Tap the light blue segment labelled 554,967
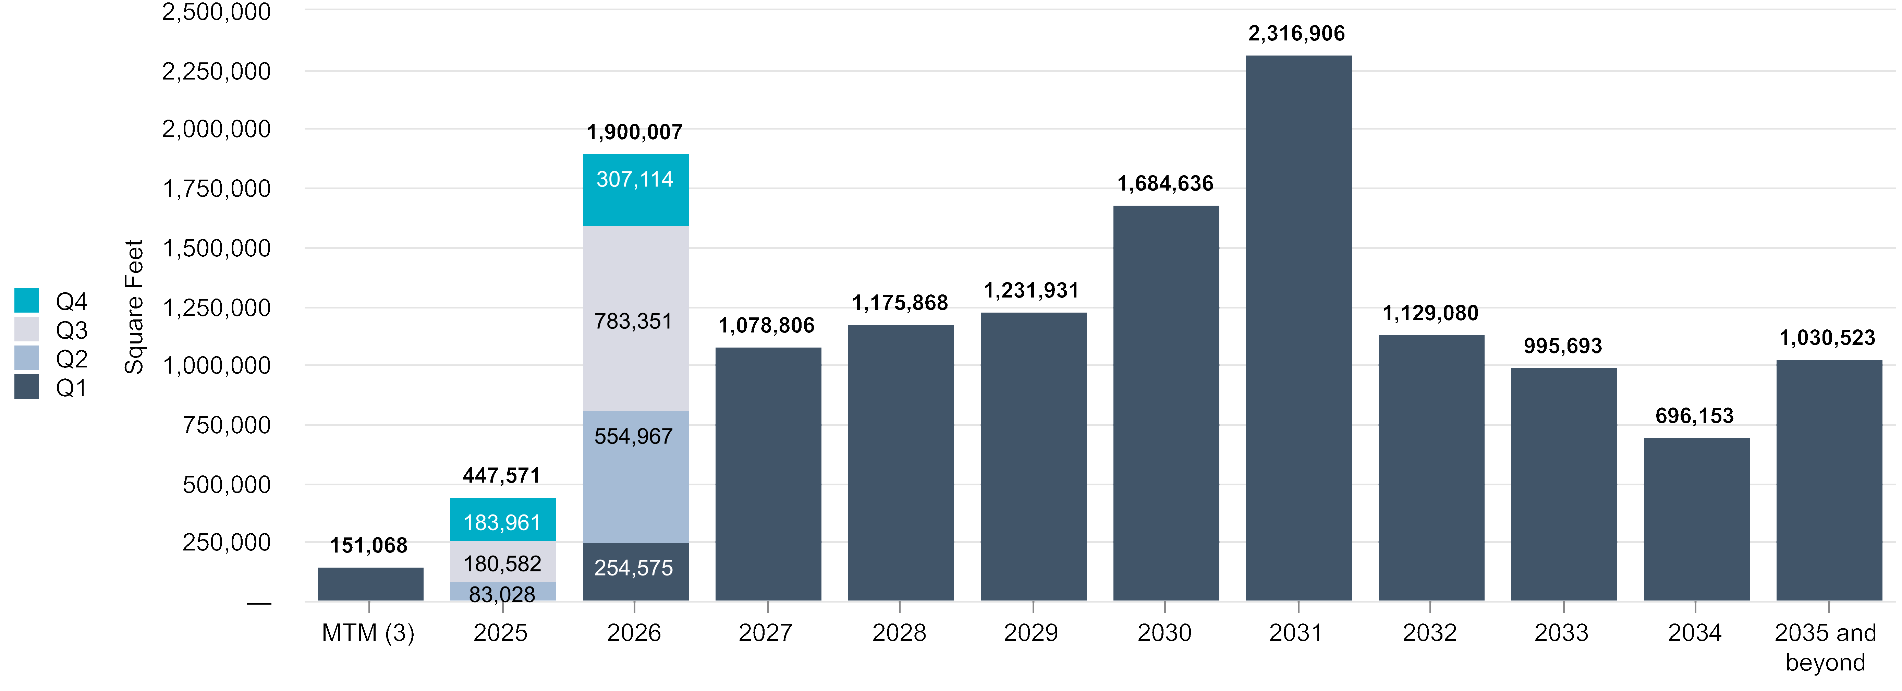pyautogui.click(x=635, y=476)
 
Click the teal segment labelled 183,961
pyautogui.click(x=503, y=519)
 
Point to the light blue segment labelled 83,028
pyautogui.click(x=503, y=591)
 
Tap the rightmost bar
pyautogui.click(x=1828, y=480)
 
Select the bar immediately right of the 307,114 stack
pyautogui.click(x=768, y=474)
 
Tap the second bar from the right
pyautogui.click(x=1696, y=519)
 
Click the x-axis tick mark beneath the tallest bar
pyautogui.click(x=1298, y=607)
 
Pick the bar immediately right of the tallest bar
pyautogui.click(x=1431, y=468)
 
